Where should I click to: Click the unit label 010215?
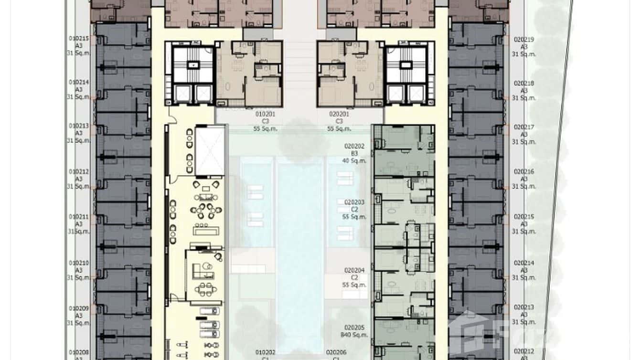point(78,38)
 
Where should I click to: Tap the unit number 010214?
point(78,82)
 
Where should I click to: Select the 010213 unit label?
point(78,126)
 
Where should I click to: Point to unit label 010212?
point(78,171)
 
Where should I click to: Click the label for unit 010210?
point(78,263)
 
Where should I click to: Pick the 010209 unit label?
point(78,308)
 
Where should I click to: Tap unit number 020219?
point(524,40)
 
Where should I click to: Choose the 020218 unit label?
point(524,83)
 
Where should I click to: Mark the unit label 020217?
point(524,127)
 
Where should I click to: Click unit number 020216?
point(524,171)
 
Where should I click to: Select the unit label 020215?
point(524,217)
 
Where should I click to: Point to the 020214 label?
point(524,263)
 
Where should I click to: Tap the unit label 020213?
point(524,307)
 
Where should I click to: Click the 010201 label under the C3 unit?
point(265,114)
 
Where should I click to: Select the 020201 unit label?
point(339,114)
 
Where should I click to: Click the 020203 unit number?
point(354,202)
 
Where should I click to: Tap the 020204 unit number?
point(354,270)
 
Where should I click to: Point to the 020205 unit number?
point(354,328)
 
